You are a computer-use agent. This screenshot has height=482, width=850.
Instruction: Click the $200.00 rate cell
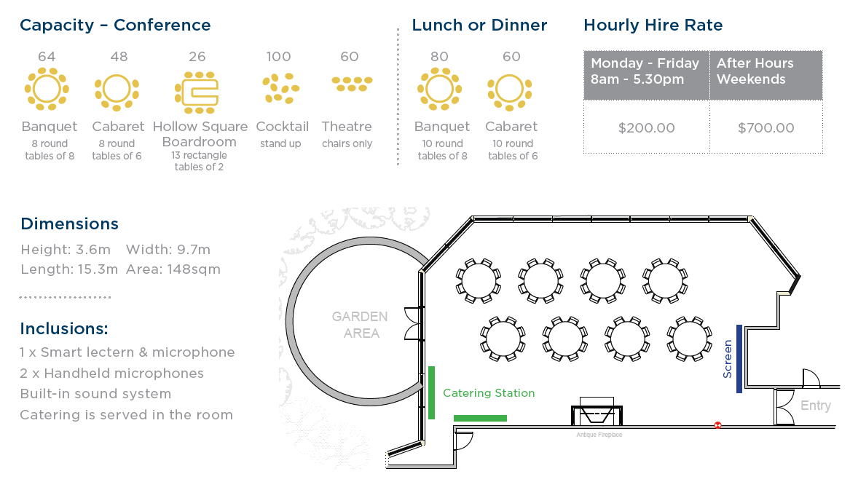646,128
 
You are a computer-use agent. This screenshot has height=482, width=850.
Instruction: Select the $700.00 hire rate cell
766,128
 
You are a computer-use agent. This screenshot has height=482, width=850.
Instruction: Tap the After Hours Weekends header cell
766,71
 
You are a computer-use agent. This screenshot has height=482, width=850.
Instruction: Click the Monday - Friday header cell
645,71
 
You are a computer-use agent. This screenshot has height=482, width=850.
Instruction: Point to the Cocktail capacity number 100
278,57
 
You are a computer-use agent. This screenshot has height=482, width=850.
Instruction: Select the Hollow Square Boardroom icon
197,92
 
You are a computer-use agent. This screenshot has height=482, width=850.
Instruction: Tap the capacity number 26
197,57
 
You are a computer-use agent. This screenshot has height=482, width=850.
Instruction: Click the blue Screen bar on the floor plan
739,358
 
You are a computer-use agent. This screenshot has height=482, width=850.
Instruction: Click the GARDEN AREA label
360,325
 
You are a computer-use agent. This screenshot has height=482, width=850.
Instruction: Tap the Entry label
815,406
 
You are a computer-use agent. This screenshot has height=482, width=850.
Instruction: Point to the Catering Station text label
489,393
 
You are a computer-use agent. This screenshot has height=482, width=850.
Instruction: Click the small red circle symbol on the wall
717,425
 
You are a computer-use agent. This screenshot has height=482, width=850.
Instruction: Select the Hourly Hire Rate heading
653,25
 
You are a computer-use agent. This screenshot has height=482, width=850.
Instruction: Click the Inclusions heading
64,328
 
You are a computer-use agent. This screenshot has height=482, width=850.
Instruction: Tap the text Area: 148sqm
173,269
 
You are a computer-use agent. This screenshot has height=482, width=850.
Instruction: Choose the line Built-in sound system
95,394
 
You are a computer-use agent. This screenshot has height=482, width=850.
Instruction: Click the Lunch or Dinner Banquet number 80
439,57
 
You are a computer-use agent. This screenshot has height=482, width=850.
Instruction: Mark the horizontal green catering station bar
480,418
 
